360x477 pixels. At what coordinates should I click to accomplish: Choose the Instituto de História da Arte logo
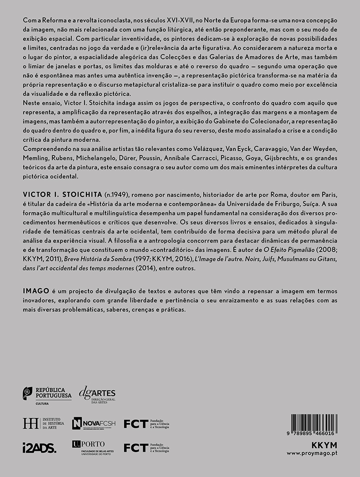click(43, 423)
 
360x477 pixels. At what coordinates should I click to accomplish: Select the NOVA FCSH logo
click(94, 424)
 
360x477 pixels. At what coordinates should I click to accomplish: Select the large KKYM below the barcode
click(325, 445)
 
